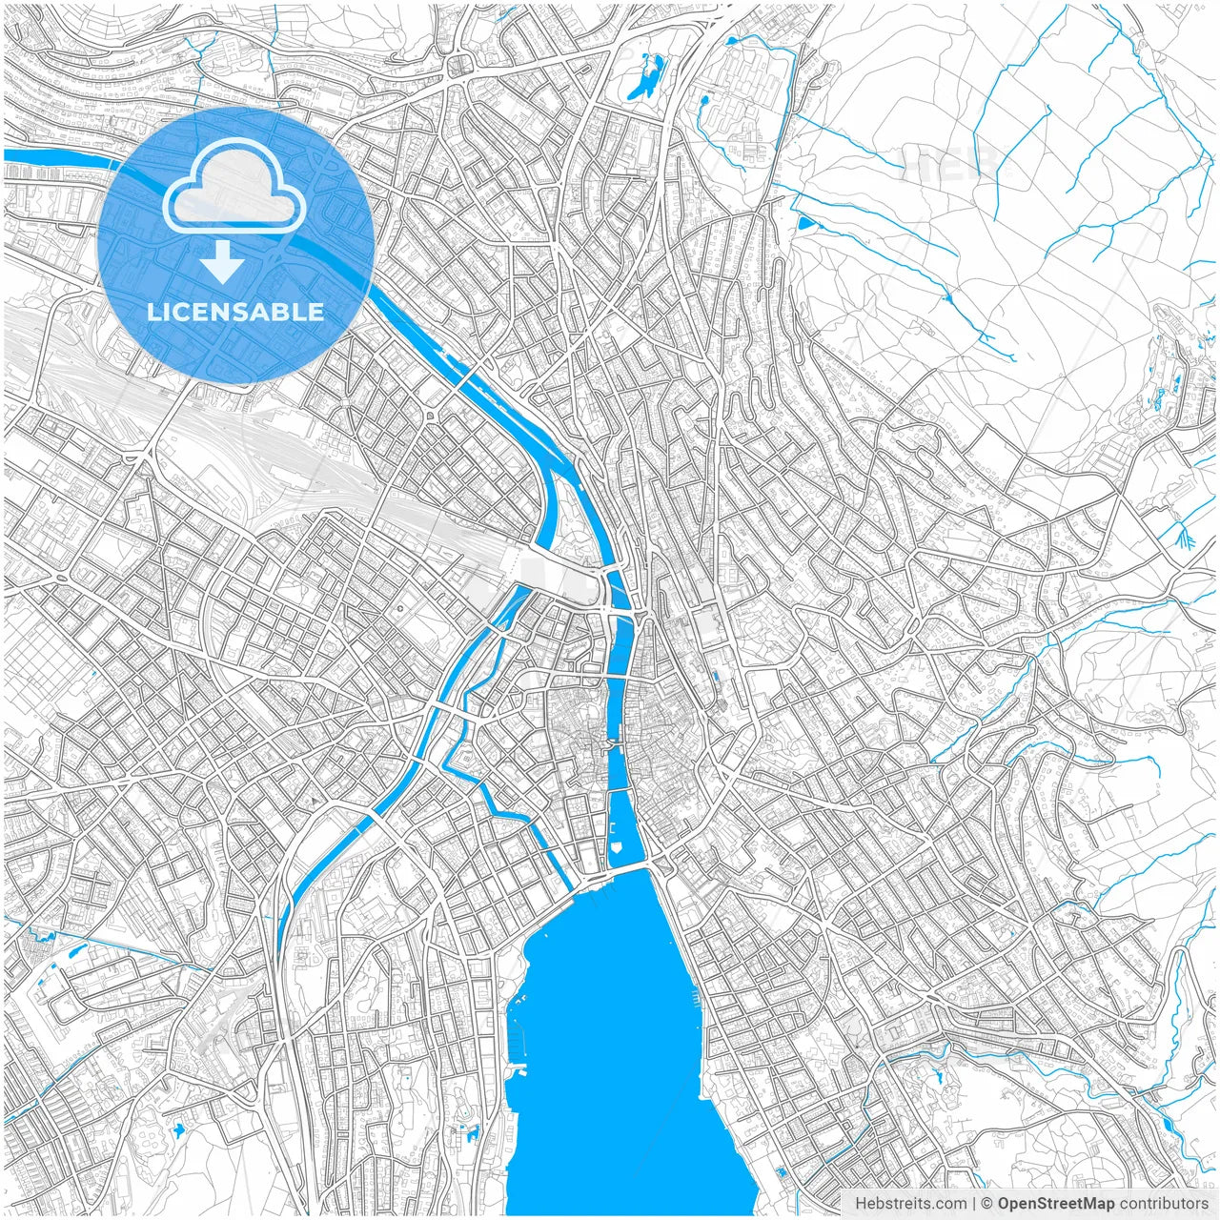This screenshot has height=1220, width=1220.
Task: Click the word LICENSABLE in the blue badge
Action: click(x=235, y=312)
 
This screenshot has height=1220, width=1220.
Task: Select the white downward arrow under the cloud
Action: click(x=223, y=261)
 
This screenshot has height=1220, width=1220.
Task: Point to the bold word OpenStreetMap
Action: click(x=1056, y=1204)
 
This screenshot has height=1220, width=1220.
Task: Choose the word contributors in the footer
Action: click(x=1164, y=1204)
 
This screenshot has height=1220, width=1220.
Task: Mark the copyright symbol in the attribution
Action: click(x=987, y=1204)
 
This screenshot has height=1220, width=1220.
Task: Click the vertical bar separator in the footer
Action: click(x=974, y=1204)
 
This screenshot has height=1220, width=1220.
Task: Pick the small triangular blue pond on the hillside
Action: click(x=806, y=223)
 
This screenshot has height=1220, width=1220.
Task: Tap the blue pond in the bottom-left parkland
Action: click(x=178, y=1130)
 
